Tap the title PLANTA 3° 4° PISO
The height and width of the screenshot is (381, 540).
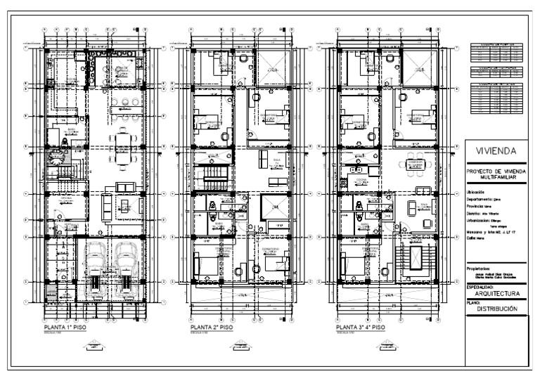click(361, 328)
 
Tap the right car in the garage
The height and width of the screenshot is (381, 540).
click(127, 267)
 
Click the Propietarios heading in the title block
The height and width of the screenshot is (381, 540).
click(482, 268)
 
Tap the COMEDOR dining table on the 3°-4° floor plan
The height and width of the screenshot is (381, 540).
click(414, 164)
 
